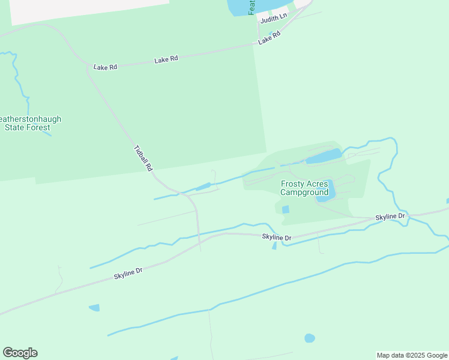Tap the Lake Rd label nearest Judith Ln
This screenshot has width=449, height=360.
coord(270,38)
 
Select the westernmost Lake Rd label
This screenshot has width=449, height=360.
coord(105,67)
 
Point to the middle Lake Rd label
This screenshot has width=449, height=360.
coord(166,59)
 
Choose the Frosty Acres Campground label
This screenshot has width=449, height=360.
coord(304,188)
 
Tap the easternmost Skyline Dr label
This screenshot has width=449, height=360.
coord(391,216)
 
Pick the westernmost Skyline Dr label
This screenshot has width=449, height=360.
coord(128,274)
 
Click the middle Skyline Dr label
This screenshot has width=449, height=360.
coord(277,238)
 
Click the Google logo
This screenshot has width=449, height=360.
coord(20,353)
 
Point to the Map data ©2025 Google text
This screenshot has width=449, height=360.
coord(412,355)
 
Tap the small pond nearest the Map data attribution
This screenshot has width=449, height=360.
coord(310,338)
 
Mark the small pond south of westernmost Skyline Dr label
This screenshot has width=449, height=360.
coord(94,308)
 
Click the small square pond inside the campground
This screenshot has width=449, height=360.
coord(285,209)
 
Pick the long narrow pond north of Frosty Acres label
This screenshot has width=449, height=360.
coord(324,157)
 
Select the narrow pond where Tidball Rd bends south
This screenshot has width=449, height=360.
coord(203,187)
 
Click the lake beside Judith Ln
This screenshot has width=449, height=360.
coord(240,7)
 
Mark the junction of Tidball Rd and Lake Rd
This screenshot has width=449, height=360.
coord(89,66)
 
